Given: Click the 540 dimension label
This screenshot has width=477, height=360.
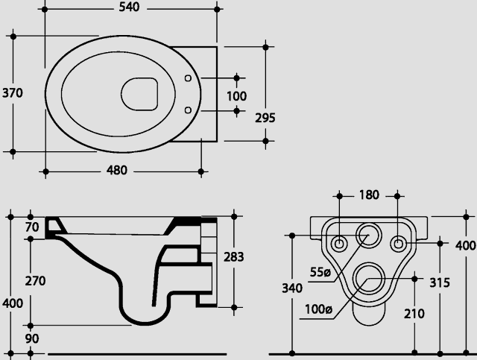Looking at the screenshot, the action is (129, 7).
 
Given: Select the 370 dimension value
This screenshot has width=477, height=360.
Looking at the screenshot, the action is (13, 93).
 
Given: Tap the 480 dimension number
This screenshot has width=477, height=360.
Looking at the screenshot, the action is (117, 170).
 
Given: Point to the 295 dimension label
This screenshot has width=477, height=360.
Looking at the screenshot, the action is (265, 118).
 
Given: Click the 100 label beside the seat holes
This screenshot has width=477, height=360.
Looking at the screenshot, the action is (237, 96).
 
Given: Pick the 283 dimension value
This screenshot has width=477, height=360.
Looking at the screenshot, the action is (233, 257).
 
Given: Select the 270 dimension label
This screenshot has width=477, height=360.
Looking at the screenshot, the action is (35, 280).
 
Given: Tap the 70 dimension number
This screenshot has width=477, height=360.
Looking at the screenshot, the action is (32, 227).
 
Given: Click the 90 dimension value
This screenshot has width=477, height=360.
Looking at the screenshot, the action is (32, 338).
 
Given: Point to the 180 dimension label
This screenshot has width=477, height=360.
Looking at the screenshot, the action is (369, 195).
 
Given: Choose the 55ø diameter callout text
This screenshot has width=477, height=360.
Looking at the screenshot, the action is (320, 272).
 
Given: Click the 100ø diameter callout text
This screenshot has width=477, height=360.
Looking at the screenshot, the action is (318, 309).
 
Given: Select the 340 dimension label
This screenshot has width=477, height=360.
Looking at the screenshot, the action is (292, 288).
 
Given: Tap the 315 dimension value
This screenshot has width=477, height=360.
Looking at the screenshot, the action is (440, 282).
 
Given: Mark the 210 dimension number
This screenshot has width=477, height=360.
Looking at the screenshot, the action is (414, 314).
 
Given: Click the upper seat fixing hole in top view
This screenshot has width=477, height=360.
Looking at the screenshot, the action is (188, 78).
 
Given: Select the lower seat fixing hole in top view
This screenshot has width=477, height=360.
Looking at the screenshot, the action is (188, 110).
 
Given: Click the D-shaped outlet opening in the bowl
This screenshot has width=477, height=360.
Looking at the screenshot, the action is (139, 94).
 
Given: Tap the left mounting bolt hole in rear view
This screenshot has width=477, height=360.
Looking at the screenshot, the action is (339, 244).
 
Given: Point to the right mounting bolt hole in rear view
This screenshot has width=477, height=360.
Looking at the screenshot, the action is (398, 244).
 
